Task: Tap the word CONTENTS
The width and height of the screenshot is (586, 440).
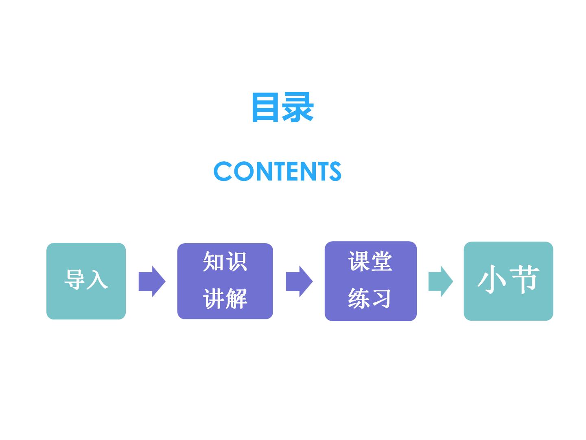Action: (x=277, y=171)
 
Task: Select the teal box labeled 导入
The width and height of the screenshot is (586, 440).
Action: (x=86, y=281)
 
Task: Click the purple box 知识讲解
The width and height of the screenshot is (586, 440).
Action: (x=225, y=281)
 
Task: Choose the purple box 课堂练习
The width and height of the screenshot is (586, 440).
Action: (x=371, y=281)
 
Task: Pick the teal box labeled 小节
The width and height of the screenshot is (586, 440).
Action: (x=508, y=281)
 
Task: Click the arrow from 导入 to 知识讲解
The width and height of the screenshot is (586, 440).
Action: (x=152, y=281)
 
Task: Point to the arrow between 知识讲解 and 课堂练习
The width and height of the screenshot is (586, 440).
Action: (x=299, y=281)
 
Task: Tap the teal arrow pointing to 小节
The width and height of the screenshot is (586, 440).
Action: (x=441, y=281)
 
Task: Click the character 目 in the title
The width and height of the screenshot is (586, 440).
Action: (x=265, y=107)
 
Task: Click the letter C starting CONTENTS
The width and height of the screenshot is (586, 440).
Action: (x=223, y=171)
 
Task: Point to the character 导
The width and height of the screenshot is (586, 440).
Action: (x=74, y=279)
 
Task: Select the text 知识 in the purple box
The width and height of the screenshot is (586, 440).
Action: (x=225, y=262)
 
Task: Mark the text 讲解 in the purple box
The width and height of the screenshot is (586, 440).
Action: (x=225, y=299)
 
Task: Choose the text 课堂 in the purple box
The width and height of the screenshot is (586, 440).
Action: (x=370, y=261)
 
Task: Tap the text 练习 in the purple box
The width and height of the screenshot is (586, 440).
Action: (x=369, y=298)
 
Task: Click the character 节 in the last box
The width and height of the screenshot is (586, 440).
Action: (x=523, y=279)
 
